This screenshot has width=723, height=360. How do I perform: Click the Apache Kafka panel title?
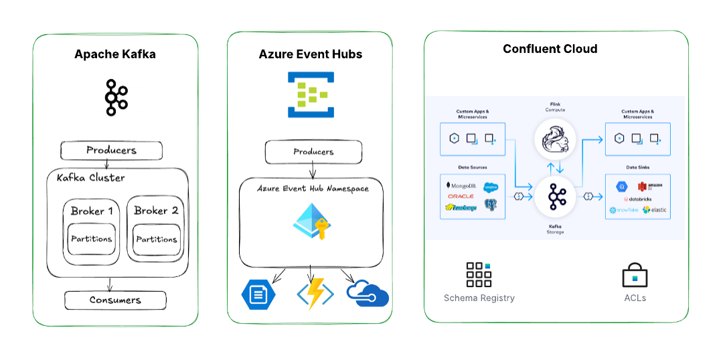point(115,54)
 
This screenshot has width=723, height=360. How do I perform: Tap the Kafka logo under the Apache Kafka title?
point(115,98)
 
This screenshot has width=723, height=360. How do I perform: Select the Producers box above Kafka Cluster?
point(111,151)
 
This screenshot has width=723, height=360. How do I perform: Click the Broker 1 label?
point(92,211)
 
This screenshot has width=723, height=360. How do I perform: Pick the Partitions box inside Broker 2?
point(157,240)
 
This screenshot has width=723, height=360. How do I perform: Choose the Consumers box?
point(115,300)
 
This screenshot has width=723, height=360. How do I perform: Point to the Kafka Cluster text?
point(91,178)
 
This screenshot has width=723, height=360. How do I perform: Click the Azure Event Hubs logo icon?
point(311,95)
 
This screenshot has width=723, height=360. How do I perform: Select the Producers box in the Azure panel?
point(313,153)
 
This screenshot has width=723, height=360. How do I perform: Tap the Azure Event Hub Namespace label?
point(313,189)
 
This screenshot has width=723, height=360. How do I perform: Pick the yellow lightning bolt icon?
point(311,293)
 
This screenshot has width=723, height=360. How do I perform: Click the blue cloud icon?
point(368,294)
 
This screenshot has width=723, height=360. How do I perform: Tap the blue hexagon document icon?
point(258,294)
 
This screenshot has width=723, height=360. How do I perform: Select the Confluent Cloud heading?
point(550,49)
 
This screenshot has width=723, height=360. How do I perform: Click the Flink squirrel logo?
point(556,141)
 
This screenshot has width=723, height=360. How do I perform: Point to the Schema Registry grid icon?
point(479,274)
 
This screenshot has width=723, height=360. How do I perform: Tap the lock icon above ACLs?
point(634,274)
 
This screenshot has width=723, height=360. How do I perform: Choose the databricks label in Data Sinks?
point(637,199)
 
